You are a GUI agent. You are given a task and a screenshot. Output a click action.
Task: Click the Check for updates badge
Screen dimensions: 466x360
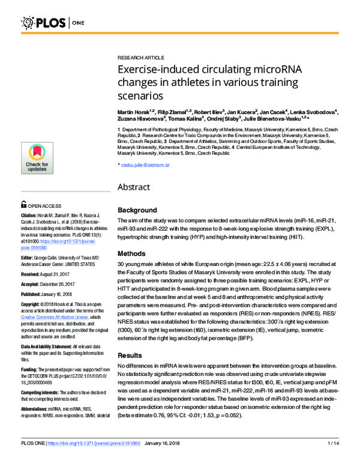(37, 160)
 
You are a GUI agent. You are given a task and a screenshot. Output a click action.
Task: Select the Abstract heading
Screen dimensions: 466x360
(137, 187)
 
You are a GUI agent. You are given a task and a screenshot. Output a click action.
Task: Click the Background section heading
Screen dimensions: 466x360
(137, 211)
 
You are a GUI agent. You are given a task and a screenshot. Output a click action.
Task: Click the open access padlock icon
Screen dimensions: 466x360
(24, 204)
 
